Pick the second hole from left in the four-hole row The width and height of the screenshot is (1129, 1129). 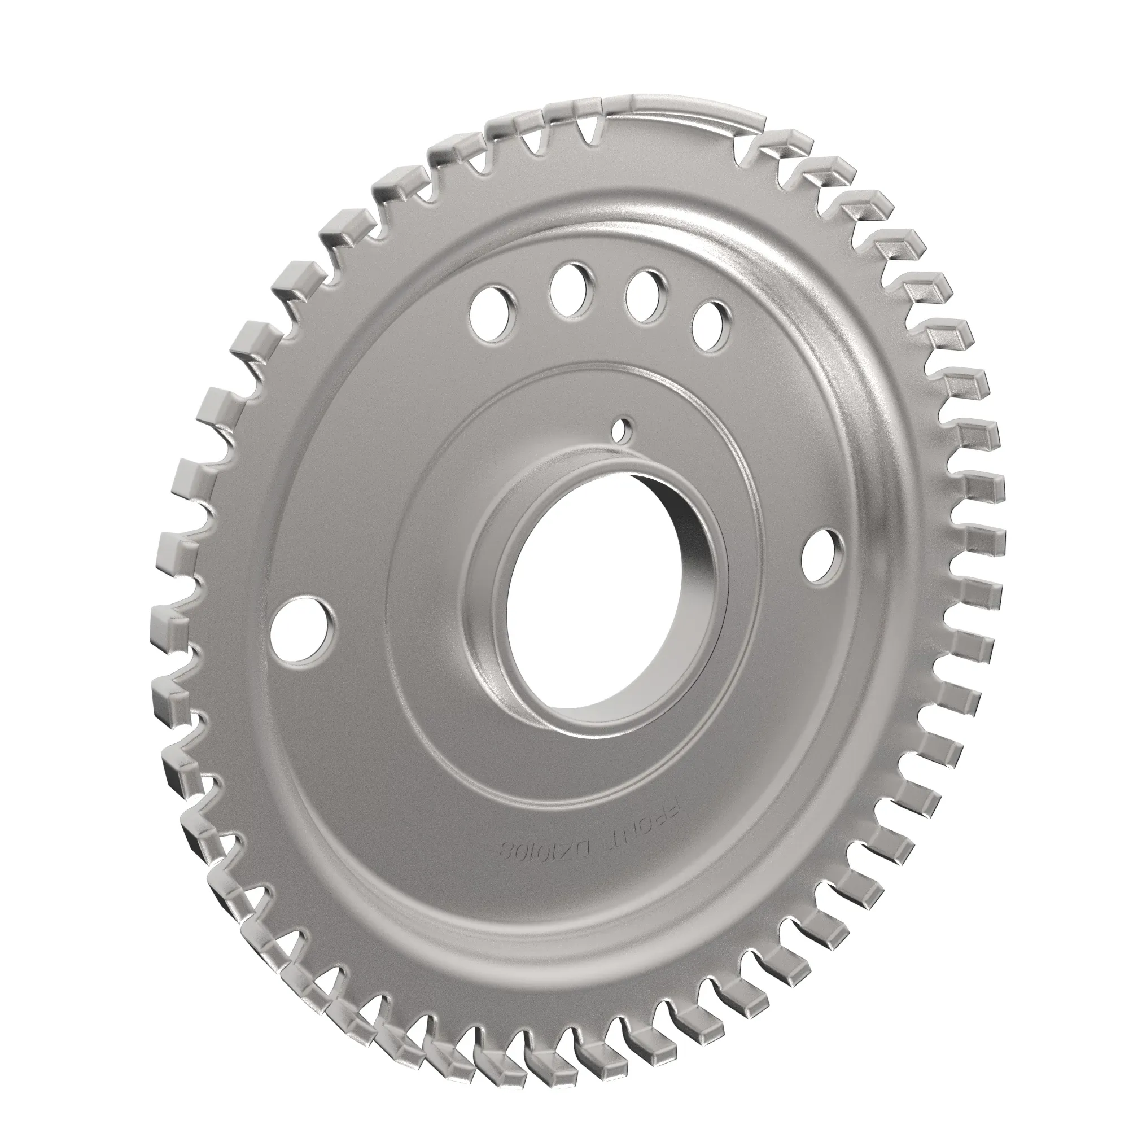568,290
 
